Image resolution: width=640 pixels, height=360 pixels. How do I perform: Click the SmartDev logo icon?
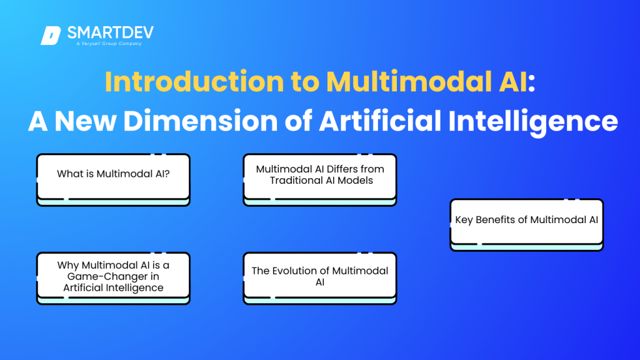pos(51,36)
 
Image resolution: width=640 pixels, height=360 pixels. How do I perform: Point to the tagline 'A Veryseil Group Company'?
pos(104,44)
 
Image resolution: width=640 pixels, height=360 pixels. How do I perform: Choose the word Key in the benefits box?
pos(464,220)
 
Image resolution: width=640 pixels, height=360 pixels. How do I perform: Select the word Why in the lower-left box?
pos(68,266)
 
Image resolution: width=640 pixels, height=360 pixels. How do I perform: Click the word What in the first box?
pos(69,174)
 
